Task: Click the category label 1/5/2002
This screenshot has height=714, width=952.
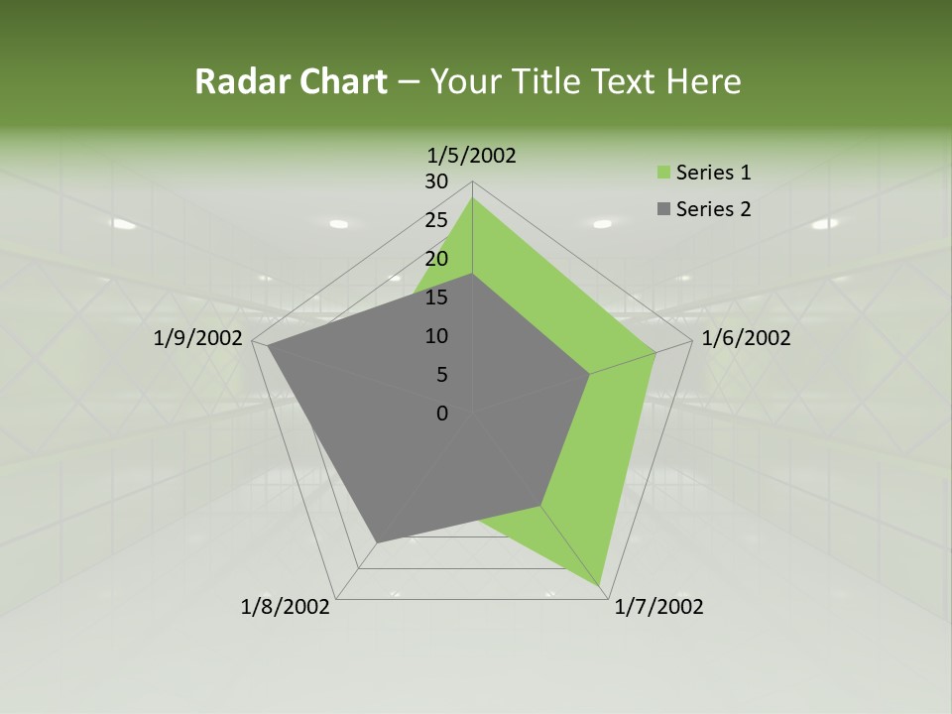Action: (x=471, y=156)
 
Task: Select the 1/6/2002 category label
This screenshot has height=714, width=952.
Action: (x=746, y=338)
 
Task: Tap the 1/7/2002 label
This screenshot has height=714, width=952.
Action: (x=658, y=607)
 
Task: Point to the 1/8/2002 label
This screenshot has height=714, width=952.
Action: (x=285, y=607)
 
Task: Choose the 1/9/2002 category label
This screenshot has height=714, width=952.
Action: (x=198, y=338)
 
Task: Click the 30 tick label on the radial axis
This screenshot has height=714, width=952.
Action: (x=436, y=181)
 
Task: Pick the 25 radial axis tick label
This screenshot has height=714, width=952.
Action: (x=436, y=220)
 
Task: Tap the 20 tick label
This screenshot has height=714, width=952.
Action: (x=436, y=259)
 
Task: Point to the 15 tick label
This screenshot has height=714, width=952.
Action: (x=436, y=297)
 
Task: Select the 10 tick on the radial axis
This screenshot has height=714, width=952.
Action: (x=436, y=336)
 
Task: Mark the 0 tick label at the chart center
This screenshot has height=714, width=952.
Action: (x=442, y=414)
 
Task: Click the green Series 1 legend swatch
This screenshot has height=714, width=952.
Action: (x=663, y=174)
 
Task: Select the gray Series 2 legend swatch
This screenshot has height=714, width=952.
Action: (x=663, y=209)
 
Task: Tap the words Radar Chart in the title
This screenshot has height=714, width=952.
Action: (x=291, y=81)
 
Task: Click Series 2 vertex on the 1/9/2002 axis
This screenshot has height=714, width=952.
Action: (x=268, y=346)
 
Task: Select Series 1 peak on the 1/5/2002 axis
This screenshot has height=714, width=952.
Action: (x=472, y=198)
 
